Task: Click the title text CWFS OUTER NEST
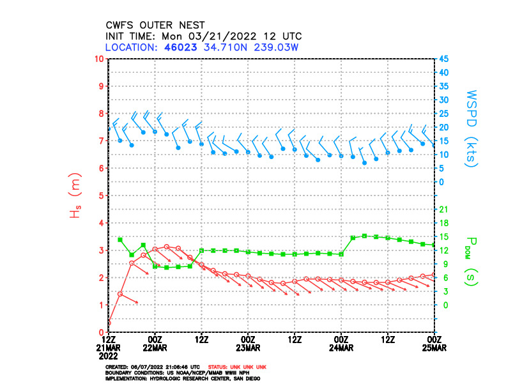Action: [155, 26]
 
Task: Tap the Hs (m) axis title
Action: [75, 195]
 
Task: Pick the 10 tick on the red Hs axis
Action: [99, 59]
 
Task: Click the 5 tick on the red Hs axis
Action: [101, 195]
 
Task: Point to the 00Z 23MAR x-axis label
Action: [249, 343]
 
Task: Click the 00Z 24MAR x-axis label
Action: [342, 343]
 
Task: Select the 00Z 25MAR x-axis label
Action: [434, 343]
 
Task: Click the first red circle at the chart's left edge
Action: [109, 323]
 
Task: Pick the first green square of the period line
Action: [120, 240]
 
